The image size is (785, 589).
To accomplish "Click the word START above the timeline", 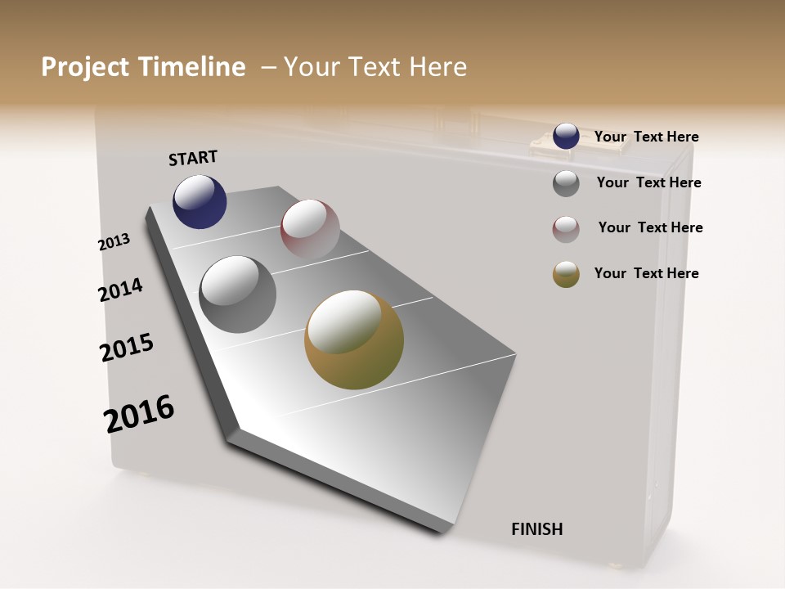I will [x=193, y=158].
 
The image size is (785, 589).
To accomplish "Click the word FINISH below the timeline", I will [x=536, y=529].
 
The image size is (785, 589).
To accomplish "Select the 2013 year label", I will [x=114, y=242].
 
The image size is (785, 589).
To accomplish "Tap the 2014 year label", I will [x=120, y=290].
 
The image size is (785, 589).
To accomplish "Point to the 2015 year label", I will [x=127, y=348].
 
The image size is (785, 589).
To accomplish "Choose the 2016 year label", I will [x=139, y=414].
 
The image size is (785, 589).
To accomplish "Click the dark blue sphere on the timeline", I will [x=200, y=201].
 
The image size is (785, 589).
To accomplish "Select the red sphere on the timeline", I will [x=310, y=228].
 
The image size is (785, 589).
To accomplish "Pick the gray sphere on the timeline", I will [x=237, y=294].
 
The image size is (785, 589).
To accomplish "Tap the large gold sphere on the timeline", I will [x=354, y=339].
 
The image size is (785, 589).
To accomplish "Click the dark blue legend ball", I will [x=566, y=136].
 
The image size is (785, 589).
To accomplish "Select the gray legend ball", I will [x=566, y=183].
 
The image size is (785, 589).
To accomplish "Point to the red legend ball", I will [x=566, y=229].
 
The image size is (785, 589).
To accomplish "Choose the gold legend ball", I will [x=566, y=274].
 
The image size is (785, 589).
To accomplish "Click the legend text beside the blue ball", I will [x=646, y=137].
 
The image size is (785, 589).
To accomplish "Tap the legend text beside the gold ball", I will [x=646, y=273].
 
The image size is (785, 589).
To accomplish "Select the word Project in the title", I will [x=84, y=67].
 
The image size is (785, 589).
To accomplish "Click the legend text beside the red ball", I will [x=650, y=227].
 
